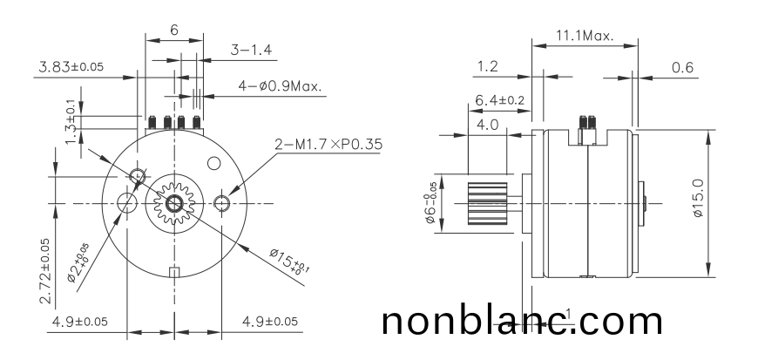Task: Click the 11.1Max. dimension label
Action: [x=585, y=36]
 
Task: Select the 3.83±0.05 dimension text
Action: [x=73, y=67]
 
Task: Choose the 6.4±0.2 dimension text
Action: [x=499, y=102]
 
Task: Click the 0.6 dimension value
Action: [x=682, y=67]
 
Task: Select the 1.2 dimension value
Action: [x=488, y=67]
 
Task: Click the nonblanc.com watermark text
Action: [x=523, y=322]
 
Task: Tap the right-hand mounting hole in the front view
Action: [x=222, y=204]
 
